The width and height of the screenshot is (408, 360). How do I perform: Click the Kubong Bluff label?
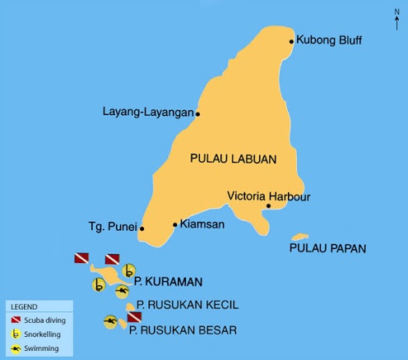pos(329,39)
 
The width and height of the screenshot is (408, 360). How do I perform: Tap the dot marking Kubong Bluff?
pos(291,40)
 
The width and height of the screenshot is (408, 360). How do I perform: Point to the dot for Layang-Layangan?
pos(197,113)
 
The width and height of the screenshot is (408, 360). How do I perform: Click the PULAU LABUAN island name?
pos(232,159)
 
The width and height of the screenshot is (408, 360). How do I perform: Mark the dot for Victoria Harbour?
pos(268,205)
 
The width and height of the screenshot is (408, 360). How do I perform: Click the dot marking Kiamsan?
pos(174,224)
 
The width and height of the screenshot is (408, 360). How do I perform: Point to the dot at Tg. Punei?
pos(142,228)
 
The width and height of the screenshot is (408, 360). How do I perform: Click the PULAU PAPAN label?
pos(328,247)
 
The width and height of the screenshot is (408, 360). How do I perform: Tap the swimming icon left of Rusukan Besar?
pos(110,321)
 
